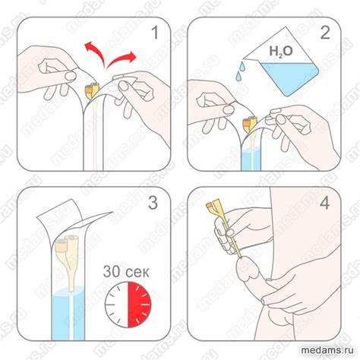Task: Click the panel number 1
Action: [155, 33]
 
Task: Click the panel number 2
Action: [325, 33]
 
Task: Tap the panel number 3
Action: [153, 203]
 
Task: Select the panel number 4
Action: [325, 203]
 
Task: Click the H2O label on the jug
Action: [281, 51]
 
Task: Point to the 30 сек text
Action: [126, 272]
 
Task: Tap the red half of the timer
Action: [139, 305]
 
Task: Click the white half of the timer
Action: [116, 305]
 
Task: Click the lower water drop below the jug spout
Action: [238, 76]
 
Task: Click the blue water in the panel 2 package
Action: [251, 159]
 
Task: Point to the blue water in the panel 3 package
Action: [68, 314]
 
